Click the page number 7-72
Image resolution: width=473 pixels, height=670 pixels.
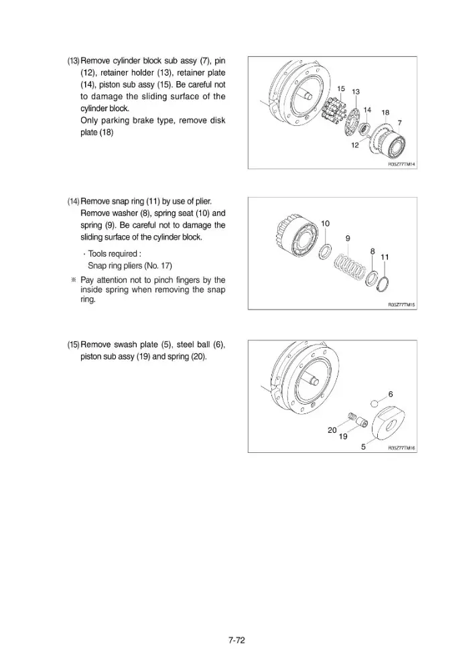pyautogui.click(x=236, y=640)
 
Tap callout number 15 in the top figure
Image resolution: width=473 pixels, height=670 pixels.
pyautogui.click(x=341, y=88)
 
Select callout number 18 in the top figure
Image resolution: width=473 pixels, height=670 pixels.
pyautogui.click(x=385, y=113)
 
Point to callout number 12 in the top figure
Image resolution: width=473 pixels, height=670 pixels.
pyautogui.click(x=355, y=145)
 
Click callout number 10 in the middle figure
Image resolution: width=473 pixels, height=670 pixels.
pyautogui.click(x=325, y=224)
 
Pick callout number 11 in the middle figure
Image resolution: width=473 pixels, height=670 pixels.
pyautogui.click(x=385, y=257)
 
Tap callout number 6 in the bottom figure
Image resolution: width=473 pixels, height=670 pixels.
pyautogui.click(x=391, y=394)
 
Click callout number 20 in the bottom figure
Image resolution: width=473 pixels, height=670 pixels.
pyautogui.click(x=332, y=430)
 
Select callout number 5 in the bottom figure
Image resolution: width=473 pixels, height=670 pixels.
pyautogui.click(x=363, y=447)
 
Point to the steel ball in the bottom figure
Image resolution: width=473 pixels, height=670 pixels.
pyautogui.click(x=375, y=403)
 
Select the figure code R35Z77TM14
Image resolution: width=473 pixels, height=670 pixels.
pyautogui.click(x=401, y=164)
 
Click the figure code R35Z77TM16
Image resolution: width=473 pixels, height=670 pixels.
pyautogui.click(x=401, y=448)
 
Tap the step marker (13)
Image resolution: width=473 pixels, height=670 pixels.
pyautogui.click(x=73, y=61)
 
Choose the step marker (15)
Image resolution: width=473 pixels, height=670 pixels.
pyautogui.click(x=73, y=344)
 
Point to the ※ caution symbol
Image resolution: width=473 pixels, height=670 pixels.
pyautogui.click(x=74, y=280)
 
